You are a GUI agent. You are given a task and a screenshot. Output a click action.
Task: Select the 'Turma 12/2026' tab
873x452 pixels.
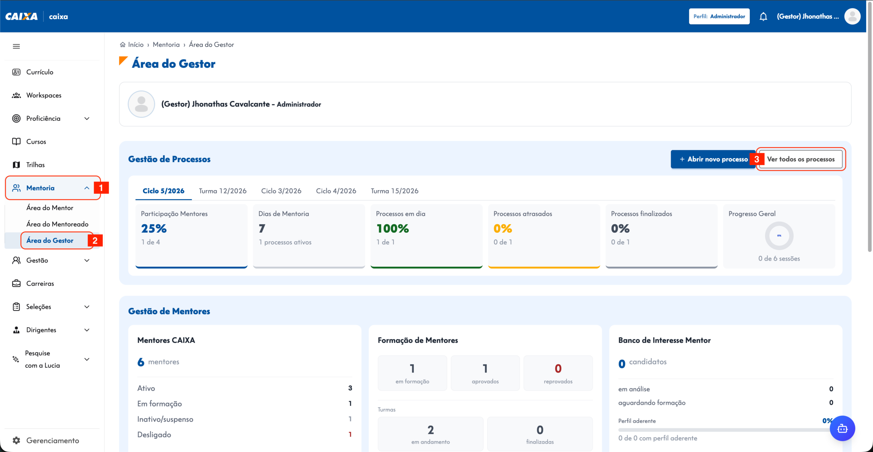pyautogui.click(x=223, y=191)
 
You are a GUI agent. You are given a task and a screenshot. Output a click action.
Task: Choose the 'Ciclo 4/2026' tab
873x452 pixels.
pyautogui.click(x=336, y=191)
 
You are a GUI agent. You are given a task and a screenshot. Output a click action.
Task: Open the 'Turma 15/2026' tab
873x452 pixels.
pyautogui.click(x=395, y=191)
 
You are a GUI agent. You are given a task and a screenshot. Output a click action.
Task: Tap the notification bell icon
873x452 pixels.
pyautogui.click(x=763, y=16)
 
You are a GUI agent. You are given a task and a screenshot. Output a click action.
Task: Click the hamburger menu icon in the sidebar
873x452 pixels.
pyautogui.click(x=16, y=46)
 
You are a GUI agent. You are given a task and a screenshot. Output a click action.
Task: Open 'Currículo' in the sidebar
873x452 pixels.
pyautogui.click(x=40, y=72)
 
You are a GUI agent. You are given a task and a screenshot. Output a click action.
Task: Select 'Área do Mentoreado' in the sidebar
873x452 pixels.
pyautogui.click(x=57, y=224)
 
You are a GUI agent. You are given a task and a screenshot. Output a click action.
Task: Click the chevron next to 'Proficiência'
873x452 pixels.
pyautogui.click(x=87, y=118)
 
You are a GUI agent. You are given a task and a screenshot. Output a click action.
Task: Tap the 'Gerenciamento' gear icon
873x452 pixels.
pyautogui.click(x=16, y=440)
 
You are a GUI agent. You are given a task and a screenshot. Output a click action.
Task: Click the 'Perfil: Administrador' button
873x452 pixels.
pyautogui.click(x=719, y=16)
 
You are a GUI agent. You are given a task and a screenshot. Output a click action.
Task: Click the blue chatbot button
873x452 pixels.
pyautogui.click(x=842, y=428)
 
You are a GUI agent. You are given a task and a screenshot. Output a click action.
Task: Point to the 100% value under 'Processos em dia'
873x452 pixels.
pyautogui.click(x=393, y=229)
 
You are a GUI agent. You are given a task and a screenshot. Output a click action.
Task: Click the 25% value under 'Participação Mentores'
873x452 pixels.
pyautogui.click(x=154, y=229)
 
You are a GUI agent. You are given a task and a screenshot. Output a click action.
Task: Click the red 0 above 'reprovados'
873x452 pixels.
pyautogui.click(x=558, y=368)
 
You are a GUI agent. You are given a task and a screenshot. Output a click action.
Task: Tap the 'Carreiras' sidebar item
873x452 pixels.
pyautogui.click(x=40, y=283)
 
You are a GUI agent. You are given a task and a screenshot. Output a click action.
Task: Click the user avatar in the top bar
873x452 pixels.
pyautogui.click(x=852, y=16)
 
